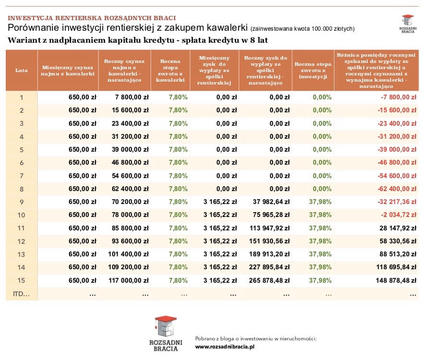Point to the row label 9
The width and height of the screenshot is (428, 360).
(x=21, y=201)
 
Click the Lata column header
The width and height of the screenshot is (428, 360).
(x=21, y=70)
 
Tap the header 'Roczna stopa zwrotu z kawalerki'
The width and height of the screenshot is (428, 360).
(x=170, y=70)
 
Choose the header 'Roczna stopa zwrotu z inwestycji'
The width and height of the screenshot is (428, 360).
(x=312, y=70)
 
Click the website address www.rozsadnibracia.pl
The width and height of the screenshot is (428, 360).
(x=225, y=346)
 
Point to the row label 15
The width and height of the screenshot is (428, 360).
(x=21, y=280)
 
